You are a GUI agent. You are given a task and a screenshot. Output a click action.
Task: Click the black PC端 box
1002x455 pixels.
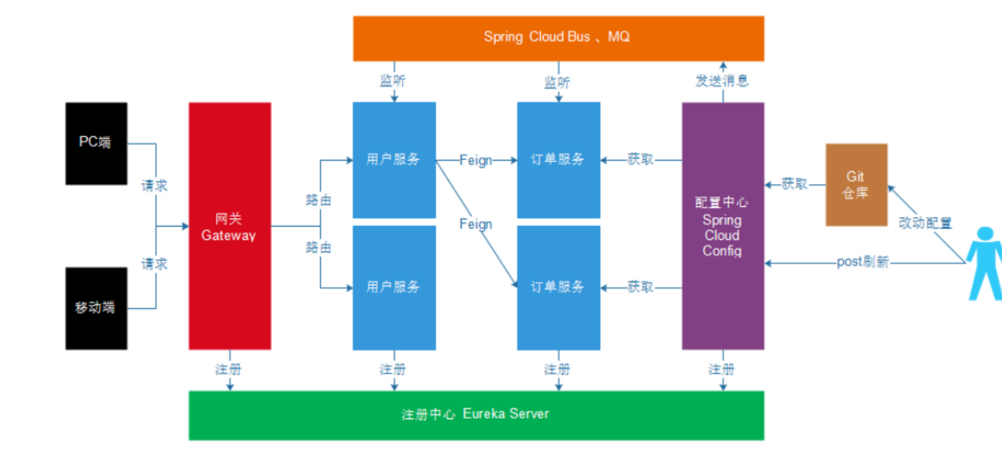tap(96, 143)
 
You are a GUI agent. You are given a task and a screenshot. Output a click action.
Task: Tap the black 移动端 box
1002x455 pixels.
tap(96, 308)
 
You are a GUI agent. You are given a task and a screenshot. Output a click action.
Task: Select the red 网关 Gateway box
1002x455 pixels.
tap(229, 226)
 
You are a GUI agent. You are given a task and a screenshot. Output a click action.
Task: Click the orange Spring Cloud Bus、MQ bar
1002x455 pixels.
tap(558, 37)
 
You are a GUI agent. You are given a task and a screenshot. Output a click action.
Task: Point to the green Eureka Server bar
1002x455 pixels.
tap(476, 415)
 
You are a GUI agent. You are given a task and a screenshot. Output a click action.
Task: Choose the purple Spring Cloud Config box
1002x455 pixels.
tap(722, 226)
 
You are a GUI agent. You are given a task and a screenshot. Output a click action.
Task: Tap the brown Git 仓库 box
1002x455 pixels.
tap(857, 184)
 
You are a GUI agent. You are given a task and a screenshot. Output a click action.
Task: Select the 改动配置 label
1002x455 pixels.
tap(925, 223)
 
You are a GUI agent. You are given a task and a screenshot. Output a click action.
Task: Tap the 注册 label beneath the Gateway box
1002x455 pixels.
tap(229, 370)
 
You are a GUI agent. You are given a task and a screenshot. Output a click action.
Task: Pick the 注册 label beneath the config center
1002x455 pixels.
tap(722, 370)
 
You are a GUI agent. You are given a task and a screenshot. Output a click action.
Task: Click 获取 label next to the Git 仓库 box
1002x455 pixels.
tap(795, 184)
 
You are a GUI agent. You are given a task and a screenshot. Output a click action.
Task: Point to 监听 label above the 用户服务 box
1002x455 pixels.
tap(394, 81)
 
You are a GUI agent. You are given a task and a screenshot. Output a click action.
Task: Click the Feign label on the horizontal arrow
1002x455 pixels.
tap(476, 161)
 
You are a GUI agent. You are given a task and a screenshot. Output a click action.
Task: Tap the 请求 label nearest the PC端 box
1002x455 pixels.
tap(155, 186)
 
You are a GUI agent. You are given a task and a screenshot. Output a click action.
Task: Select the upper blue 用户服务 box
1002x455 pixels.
tap(394, 160)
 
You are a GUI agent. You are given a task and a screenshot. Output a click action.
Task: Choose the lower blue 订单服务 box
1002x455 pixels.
tap(558, 287)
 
